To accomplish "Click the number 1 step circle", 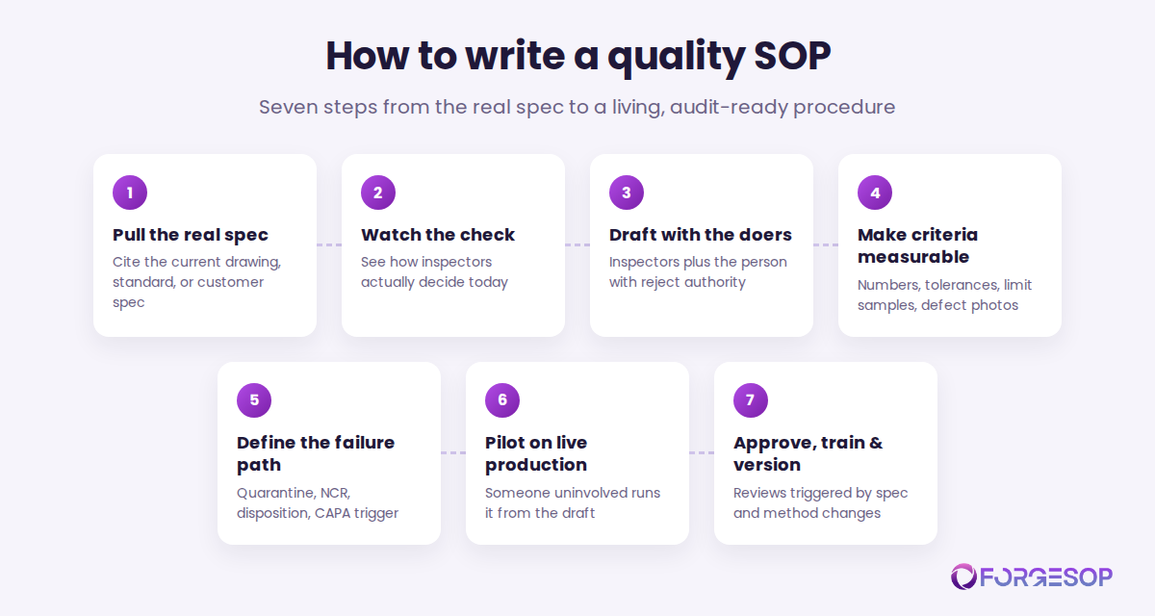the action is (130, 192).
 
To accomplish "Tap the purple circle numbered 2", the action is (378, 192).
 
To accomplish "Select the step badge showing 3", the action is (627, 192).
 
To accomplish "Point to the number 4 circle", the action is (875, 192).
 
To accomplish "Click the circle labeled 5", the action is (254, 400).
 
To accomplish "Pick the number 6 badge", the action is (502, 400).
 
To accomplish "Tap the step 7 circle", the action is (751, 400).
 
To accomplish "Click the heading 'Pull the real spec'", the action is (191, 235).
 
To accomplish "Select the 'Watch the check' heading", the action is (438, 235).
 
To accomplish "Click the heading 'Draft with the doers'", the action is (701, 235).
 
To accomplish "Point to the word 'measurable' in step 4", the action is (913, 257).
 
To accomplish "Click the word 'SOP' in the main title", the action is (792, 56).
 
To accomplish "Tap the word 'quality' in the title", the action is (676, 59).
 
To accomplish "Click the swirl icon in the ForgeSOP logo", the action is (963, 577).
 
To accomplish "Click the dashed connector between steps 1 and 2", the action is (329, 244).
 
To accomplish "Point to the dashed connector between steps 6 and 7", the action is (702, 452).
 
